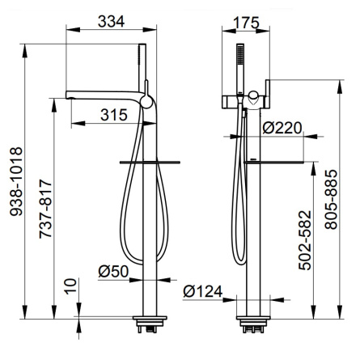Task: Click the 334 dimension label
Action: [111, 21]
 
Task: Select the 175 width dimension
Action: [246, 23]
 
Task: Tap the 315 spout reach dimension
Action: [114, 115]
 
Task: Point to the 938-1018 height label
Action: [16, 181]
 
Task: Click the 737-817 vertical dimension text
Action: [45, 209]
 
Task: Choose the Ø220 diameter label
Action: [282, 128]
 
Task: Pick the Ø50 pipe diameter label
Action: [113, 271]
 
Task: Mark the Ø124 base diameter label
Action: [203, 291]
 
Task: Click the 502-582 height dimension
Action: [305, 240]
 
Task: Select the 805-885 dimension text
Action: [331, 200]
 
